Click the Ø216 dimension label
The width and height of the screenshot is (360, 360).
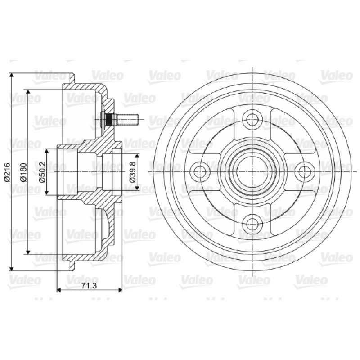click(x=7, y=172)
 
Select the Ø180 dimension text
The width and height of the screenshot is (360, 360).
click(x=24, y=172)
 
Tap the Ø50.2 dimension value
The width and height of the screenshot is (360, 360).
click(x=42, y=172)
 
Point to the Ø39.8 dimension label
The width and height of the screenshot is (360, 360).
click(x=132, y=172)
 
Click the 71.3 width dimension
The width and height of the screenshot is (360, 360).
click(x=89, y=286)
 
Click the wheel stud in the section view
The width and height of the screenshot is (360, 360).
click(x=119, y=119)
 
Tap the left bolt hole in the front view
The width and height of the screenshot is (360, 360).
click(x=200, y=171)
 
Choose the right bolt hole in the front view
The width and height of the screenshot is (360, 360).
click(x=304, y=171)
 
